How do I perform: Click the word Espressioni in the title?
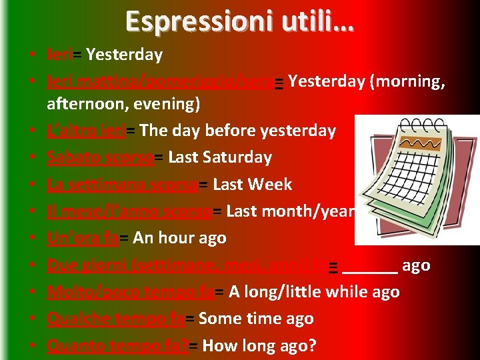[x=187, y=21]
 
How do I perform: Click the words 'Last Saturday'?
[x=220, y=157]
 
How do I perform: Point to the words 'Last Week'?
[x=252, y=185]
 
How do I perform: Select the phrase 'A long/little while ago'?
[x=314, y=292]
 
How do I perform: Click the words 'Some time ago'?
[x=256, y=319]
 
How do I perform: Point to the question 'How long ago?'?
[x=259, y=346]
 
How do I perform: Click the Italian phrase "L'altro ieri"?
[x=85, y=131]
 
